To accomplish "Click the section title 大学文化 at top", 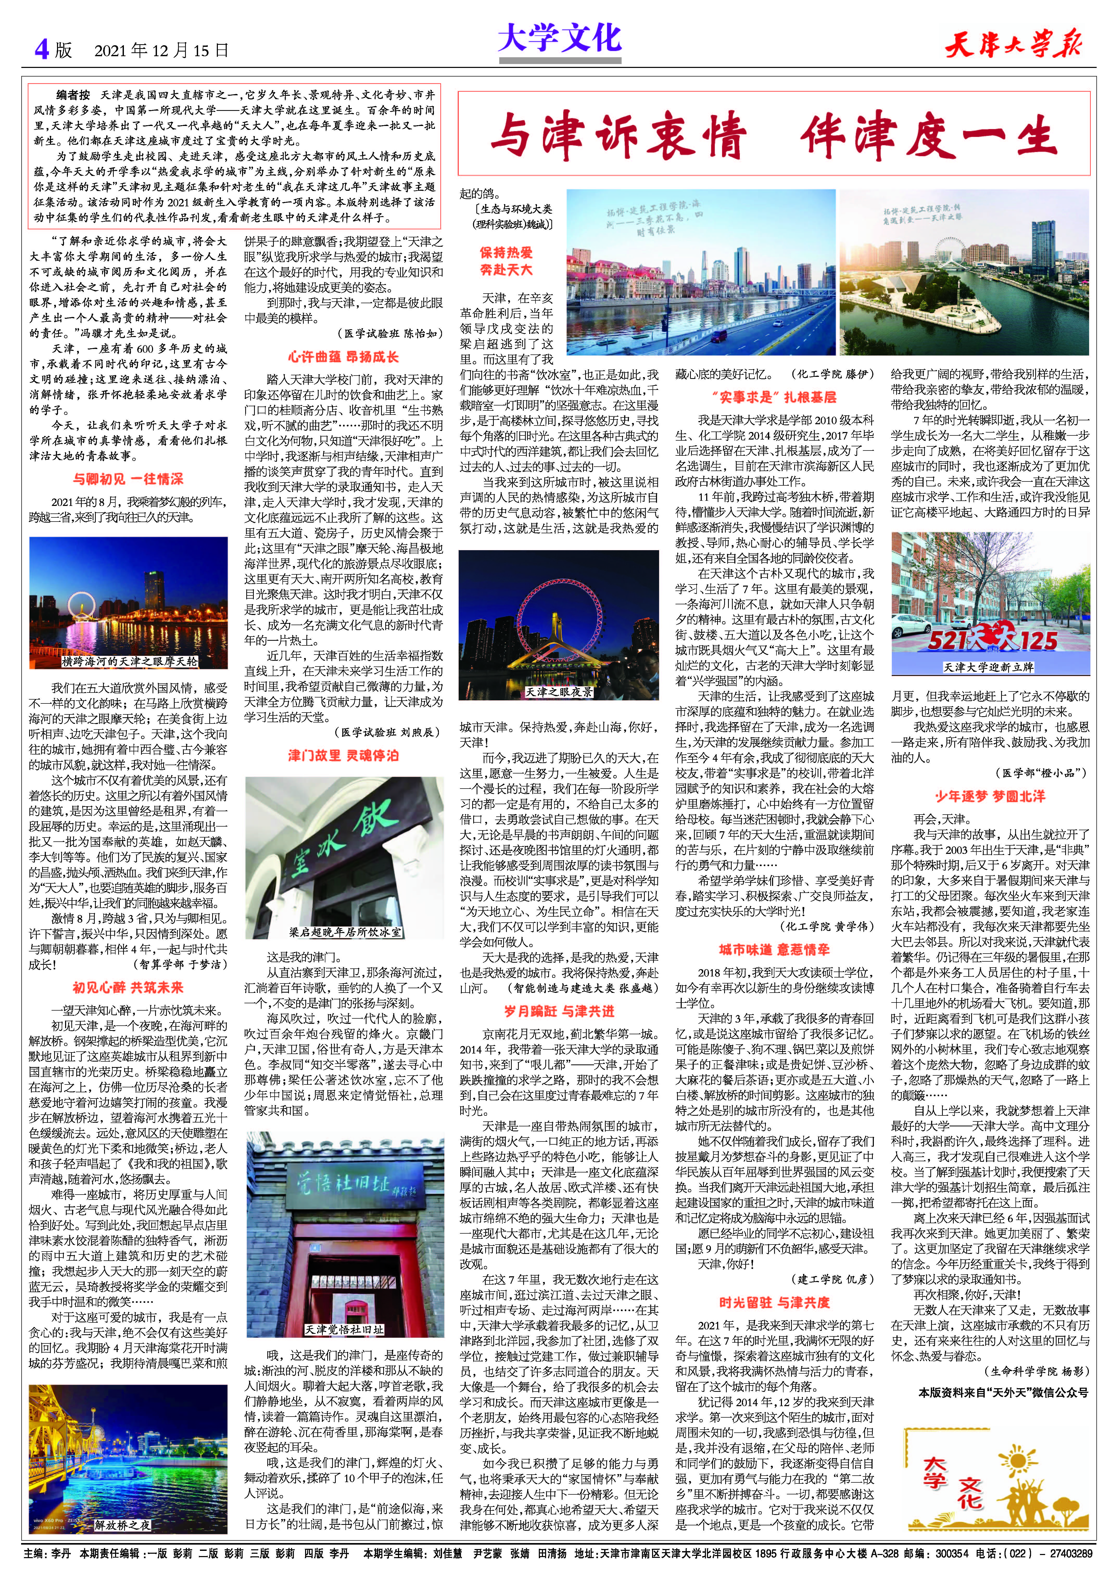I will (559, 38).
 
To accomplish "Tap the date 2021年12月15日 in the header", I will (160, 50).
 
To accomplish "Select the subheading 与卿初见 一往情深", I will (128, 479).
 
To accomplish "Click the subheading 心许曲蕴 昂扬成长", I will (343, 357).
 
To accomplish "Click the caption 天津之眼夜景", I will (559, 691).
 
